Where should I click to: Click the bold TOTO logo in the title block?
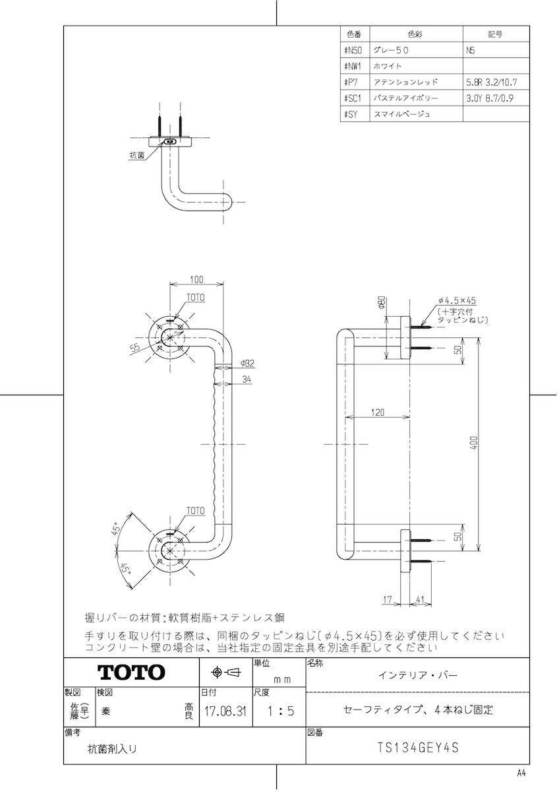131,672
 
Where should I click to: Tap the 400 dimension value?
475,443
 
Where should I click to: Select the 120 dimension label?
378,412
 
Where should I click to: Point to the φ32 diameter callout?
247,363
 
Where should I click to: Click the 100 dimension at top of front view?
196,280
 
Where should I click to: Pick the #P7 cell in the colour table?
351,82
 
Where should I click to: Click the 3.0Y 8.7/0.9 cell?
489,98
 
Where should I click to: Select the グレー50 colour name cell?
391,50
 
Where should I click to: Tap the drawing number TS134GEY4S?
418,748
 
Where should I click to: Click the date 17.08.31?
225,711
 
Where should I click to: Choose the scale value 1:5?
280,711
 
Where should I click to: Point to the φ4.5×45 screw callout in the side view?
457,300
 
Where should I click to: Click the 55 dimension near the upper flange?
135,347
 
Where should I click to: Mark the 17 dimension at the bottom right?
388,599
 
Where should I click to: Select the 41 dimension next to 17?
419,599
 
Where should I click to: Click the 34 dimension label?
247,379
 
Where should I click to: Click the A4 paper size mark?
521,774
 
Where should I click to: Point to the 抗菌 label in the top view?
137,155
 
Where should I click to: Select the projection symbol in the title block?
225,672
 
